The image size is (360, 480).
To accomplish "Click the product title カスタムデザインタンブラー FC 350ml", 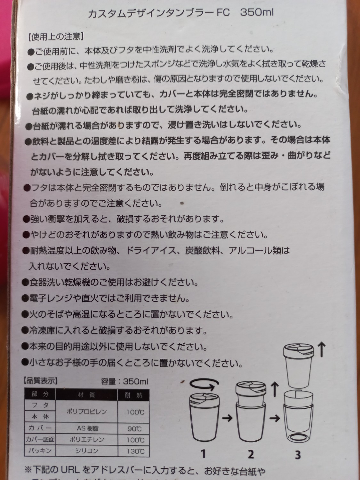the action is tap(180, 13).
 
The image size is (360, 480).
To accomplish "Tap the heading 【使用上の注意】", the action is tap(55, 37).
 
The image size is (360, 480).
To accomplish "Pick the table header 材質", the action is tap(86, 395).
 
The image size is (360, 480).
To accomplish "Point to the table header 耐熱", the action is tap(133, 395).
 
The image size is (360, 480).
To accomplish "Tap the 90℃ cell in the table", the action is tap(134, 428).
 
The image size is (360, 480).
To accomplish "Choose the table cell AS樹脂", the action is tap(87, 428).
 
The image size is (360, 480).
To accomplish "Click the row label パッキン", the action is tap(40, 451).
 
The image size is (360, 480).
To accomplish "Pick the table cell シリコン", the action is tap(87, 451).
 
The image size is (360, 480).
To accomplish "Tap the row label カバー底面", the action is tap(40, 439).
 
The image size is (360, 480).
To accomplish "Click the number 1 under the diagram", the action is tap(204, 454).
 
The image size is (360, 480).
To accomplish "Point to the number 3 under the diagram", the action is tap(298, 455).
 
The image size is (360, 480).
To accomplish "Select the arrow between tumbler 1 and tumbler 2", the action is tap(227, 418).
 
